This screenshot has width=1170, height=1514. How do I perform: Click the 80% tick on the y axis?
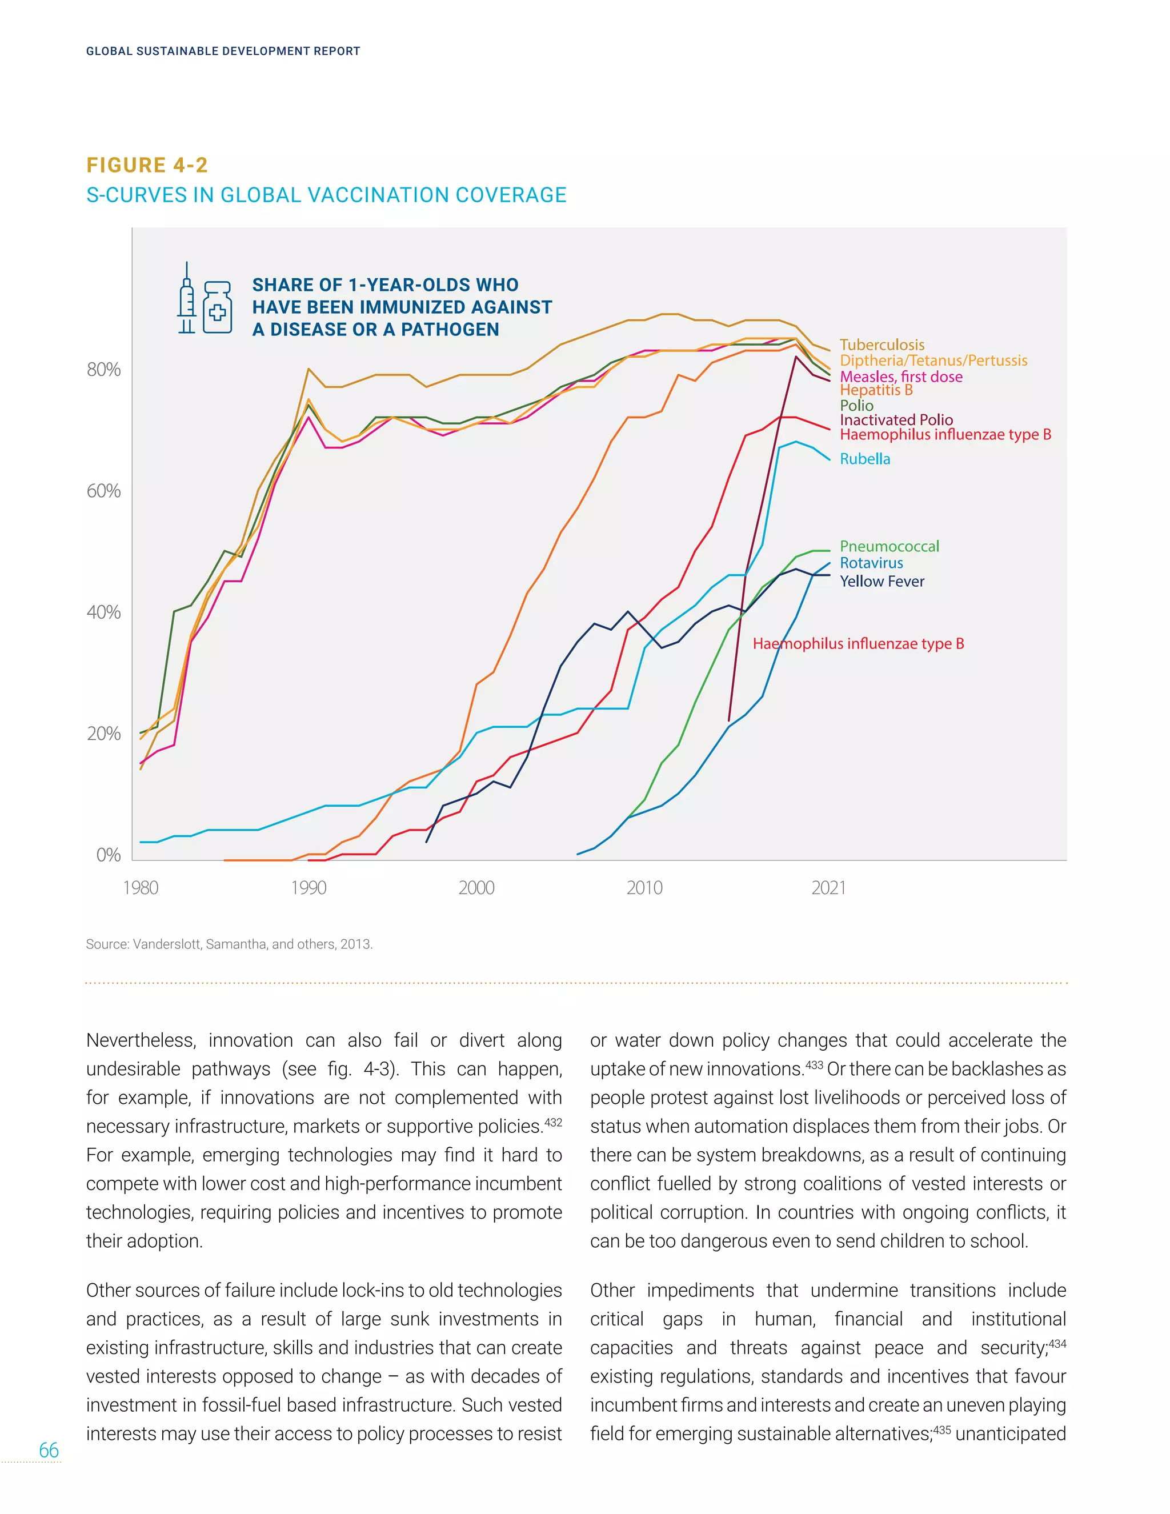point(103,370)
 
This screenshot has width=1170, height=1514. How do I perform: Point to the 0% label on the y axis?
point(108,855)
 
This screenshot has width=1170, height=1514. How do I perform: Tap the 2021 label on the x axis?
point(828,887)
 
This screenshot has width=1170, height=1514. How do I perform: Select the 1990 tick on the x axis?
point(308,887)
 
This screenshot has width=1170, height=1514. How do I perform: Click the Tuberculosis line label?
point(881,345)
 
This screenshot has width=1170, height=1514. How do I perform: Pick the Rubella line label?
point(864,458)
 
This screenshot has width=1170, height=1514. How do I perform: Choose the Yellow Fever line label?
point(881,581)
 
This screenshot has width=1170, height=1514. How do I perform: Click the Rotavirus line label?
point(871,563)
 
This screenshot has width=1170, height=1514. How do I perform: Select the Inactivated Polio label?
point(896,419)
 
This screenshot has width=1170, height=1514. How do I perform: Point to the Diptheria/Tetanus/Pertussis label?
point(933,361)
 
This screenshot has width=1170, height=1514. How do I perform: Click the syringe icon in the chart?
point(186,298)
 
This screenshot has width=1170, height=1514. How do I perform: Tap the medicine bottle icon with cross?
point(218,308)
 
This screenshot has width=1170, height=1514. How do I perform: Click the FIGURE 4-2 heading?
point(147,165)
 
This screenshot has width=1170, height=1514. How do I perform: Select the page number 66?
point(49,1449)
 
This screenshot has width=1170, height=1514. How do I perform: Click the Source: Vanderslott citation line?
point(229,944)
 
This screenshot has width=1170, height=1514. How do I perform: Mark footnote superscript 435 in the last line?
point(941,1429)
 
